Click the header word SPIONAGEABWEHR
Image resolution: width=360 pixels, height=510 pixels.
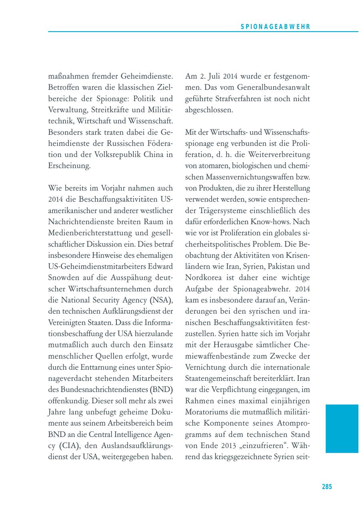pos(276,27)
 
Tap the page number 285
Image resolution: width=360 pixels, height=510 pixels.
pos(327,486)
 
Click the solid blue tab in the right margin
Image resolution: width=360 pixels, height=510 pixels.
pos(342,428)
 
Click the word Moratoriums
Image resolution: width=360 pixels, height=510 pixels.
pos(208,412)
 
